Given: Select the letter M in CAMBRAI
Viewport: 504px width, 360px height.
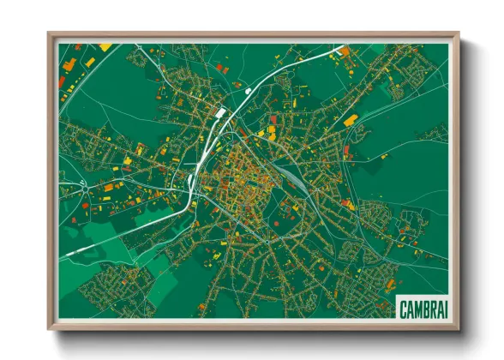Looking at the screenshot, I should click(x=417, y=306).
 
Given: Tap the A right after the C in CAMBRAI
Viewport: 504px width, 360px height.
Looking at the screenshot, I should click(x=411, y=306).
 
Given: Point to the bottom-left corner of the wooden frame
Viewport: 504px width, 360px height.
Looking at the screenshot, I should click(x=49, y=328).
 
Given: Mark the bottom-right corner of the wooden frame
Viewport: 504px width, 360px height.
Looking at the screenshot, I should click(x=458, y=328).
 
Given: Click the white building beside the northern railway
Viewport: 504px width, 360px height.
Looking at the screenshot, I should click(x=220, y=112).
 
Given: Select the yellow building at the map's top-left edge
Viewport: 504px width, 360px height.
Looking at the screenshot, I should click(x=105, y=47).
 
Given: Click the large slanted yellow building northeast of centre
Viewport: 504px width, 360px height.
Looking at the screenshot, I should click(x=351, y=122).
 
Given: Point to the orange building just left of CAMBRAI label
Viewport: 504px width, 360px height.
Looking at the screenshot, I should click(x=391, y=284).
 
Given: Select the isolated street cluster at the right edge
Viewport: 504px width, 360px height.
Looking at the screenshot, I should click(x=435, y=133).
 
